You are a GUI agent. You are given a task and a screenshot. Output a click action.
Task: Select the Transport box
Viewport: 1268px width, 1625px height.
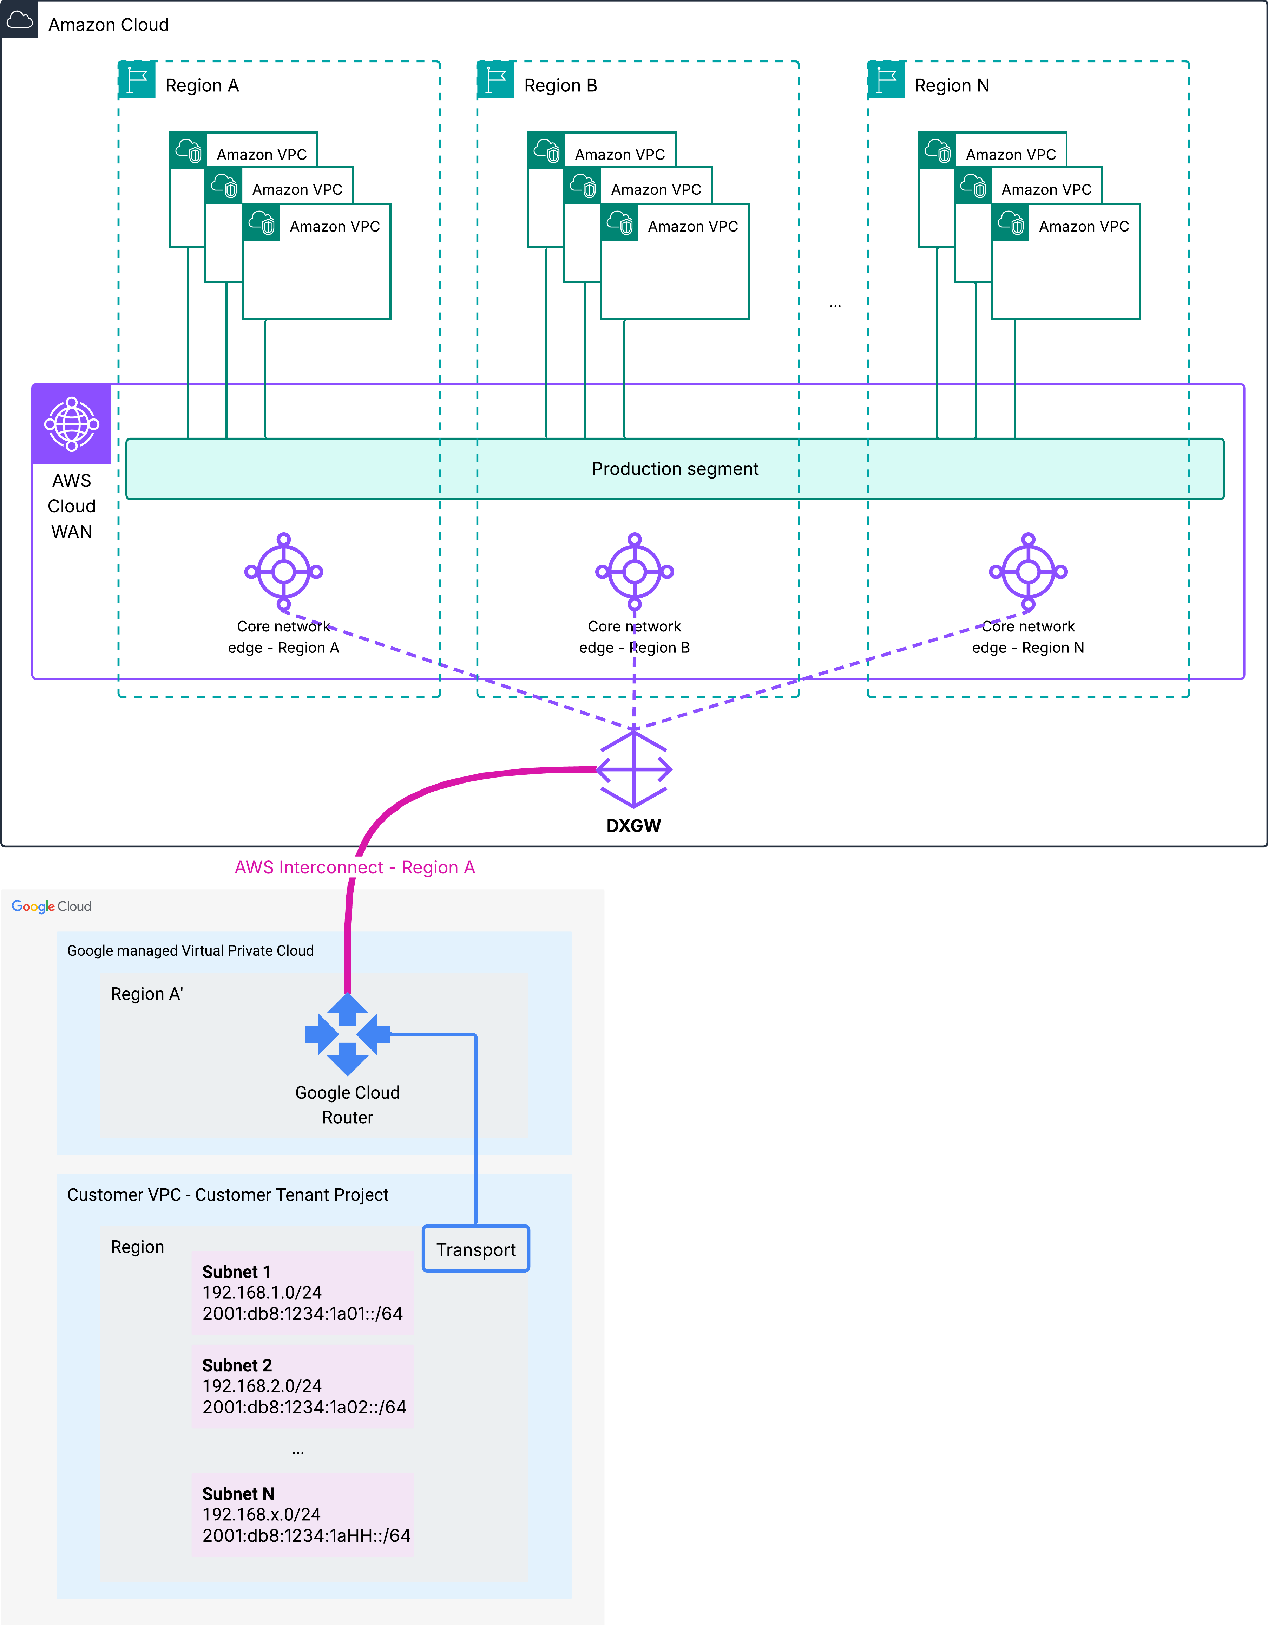click(x=476, y=1249)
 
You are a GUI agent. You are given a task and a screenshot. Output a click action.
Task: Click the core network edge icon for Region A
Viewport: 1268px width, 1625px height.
click(x=283, y=571)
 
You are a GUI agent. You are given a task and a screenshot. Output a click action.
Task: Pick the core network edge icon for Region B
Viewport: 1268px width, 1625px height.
click(x=635, y=571)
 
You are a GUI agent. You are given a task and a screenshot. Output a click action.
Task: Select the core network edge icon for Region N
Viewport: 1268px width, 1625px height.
click(x=1028, y=571)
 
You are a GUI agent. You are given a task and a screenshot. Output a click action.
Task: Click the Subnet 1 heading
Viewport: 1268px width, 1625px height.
click(x=236, y=1272)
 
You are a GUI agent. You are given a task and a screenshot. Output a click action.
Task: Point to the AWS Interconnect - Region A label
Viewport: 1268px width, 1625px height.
click(x=355, y=867)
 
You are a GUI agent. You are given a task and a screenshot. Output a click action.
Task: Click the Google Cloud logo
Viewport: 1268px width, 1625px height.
click(x=51, y=906)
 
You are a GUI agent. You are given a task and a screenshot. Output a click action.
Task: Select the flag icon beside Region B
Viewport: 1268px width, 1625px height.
click(x=495, y=80)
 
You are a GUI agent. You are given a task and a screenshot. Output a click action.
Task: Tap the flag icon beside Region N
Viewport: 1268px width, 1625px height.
click(x=886, y=80)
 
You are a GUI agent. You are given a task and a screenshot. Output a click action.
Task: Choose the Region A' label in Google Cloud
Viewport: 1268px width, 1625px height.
click(x=146, y=994)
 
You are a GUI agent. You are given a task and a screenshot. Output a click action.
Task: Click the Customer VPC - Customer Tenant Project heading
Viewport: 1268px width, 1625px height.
click(x=228, y=1195)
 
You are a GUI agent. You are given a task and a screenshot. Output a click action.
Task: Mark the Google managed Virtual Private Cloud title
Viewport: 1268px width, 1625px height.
click(x=190, y=951)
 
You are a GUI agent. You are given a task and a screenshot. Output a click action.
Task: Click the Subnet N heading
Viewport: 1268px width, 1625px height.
click(x=238, y=1494)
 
